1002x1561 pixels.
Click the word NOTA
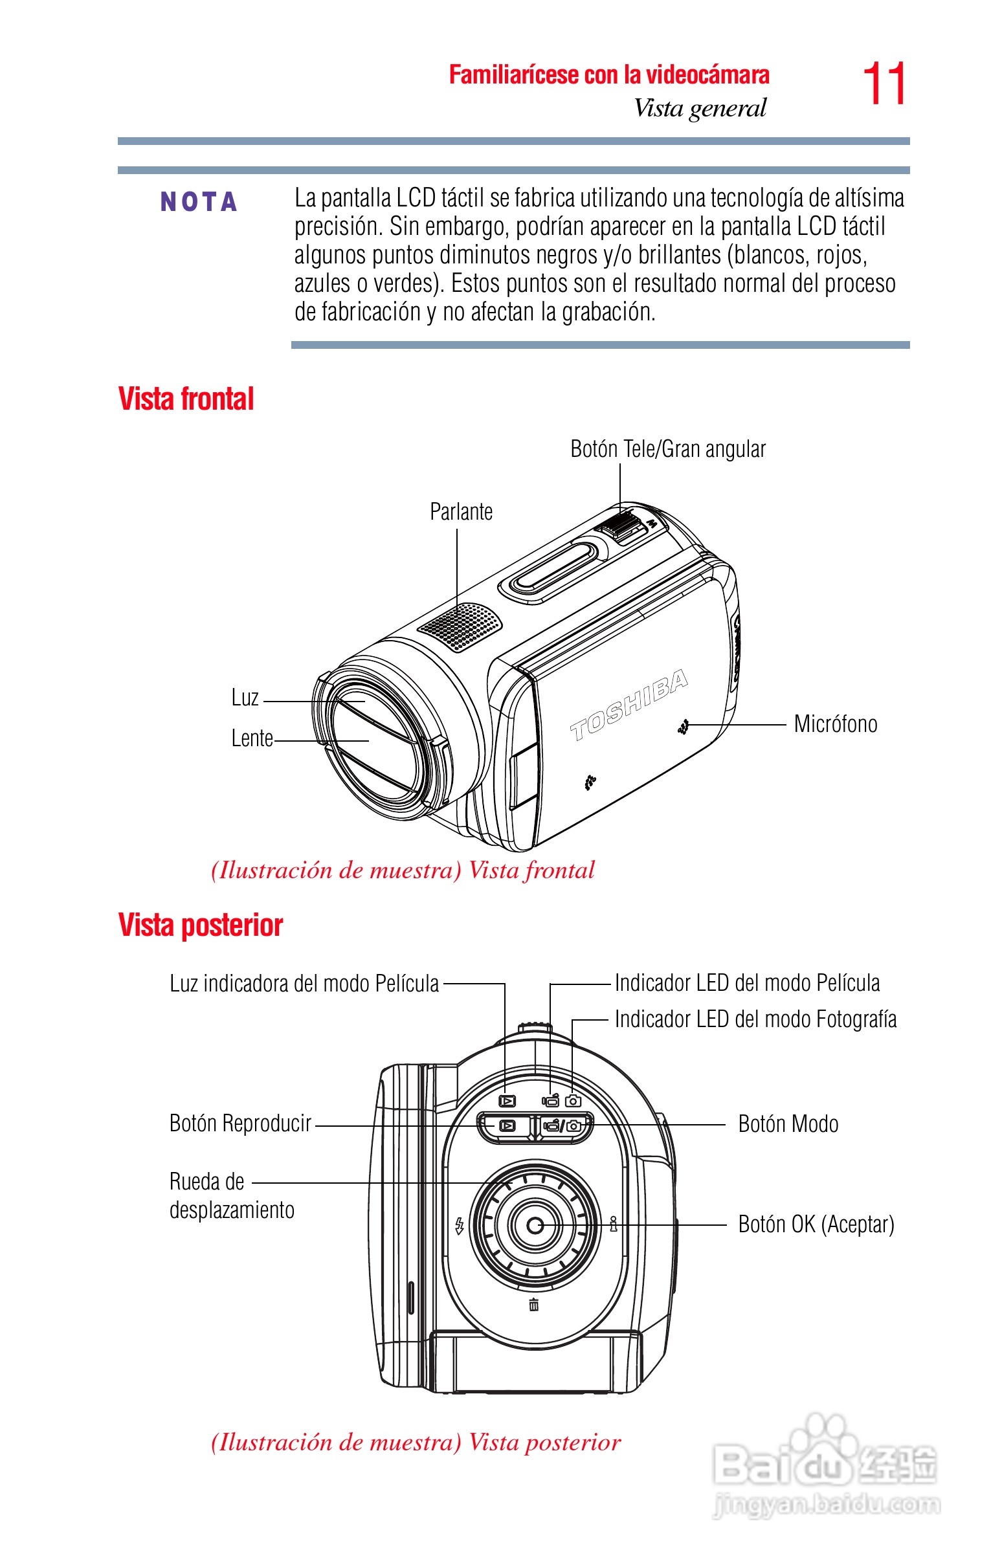tap(199, 203)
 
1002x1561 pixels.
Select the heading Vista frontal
tap(186, 399)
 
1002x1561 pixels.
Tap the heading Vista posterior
tap(201, 925)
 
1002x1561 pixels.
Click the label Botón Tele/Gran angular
tap(667, 448)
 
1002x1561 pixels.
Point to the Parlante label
tap(462, 512)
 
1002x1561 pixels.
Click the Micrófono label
tap(836, 724)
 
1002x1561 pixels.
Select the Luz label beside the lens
tap(245, 698)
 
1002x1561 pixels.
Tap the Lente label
tap(252, 738)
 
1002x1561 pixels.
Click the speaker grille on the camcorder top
tap(460, 626)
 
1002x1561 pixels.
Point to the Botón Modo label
tap(788, 1124)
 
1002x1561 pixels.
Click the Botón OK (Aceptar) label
tap(816, 1224)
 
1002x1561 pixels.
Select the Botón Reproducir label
tap(240, 1124)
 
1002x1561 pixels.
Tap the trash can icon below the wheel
tap(534, 1304)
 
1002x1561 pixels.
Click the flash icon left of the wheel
tap(460, 1226)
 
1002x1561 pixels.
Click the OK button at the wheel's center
tap(535, 1225)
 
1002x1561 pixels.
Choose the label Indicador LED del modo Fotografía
tap(755, 1019)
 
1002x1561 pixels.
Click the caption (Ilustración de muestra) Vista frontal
tap(403, 870)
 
